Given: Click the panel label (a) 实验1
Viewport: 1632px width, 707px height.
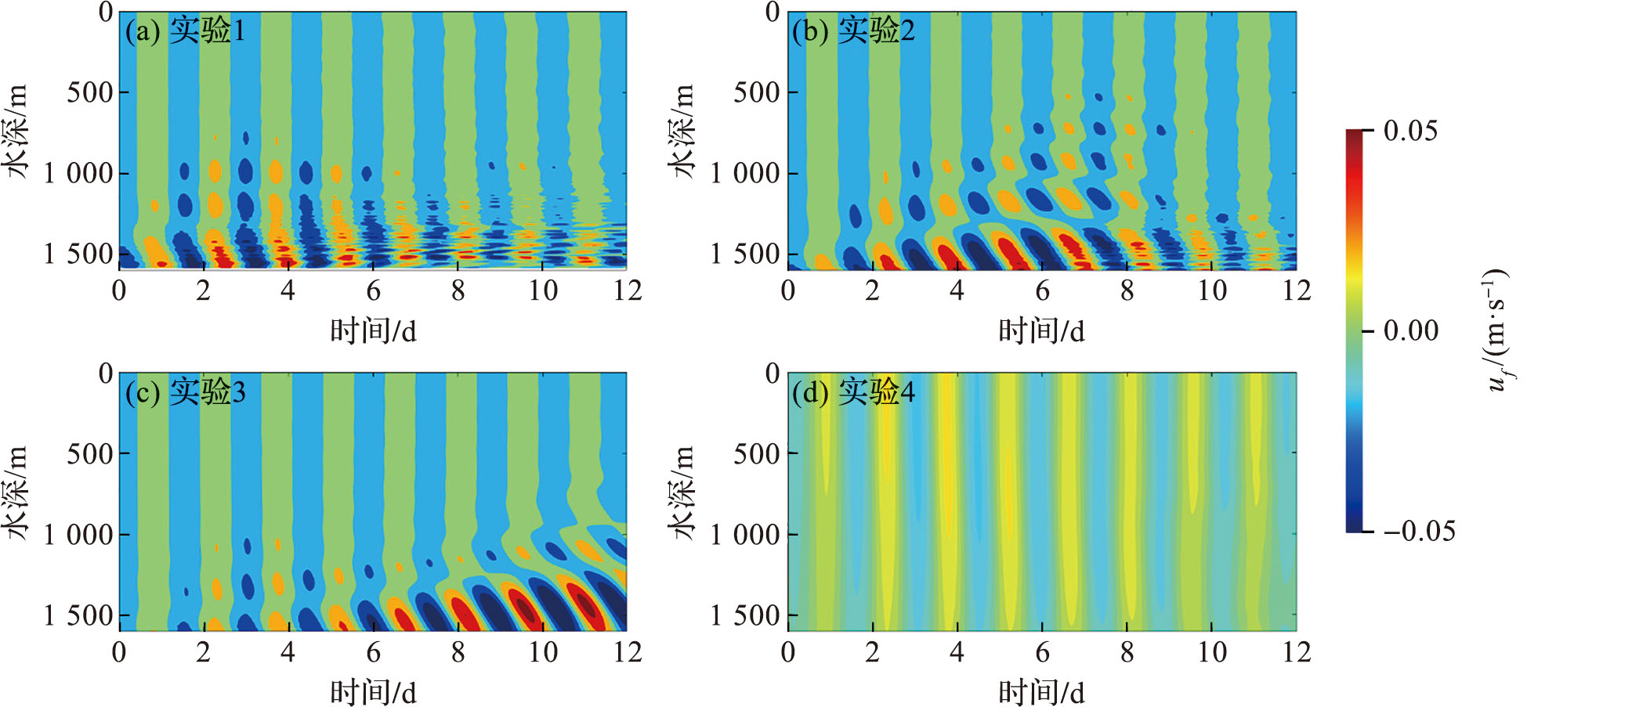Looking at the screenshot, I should tap(185, 31).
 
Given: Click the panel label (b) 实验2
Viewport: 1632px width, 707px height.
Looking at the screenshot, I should tap(853, 31).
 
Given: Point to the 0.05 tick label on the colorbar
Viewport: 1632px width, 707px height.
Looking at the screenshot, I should tap(1410, 131).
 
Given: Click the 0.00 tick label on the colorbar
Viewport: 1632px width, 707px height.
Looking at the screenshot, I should tap(1410, 330).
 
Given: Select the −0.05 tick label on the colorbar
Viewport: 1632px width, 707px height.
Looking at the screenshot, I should tap(1419, 531).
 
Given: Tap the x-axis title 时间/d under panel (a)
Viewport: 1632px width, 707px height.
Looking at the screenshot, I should tap(373, 331).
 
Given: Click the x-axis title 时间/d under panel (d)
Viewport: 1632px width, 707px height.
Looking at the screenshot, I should tap(1041, 692).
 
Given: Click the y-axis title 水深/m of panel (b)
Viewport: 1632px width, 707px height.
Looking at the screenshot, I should tap(682, 132).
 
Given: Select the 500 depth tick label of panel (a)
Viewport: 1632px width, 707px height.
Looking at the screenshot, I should tap(90, 92).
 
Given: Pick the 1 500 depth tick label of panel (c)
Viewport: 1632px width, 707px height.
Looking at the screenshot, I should tap(78, 615).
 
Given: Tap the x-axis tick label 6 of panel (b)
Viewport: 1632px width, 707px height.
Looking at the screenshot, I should tap(1042, 290).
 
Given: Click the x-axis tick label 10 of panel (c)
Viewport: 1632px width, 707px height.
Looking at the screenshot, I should tap(542, 651).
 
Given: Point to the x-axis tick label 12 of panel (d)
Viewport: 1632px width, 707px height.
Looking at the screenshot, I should tap(1297, 651).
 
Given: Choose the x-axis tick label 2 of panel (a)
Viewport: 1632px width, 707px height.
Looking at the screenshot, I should tap(204, 290).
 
